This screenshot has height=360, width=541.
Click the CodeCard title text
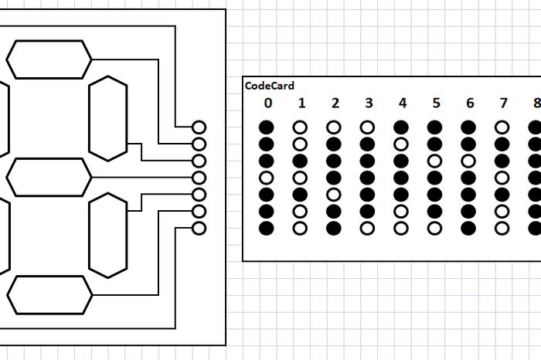pyautogui.click(x=269, y=87)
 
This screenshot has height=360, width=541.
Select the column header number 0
pyautogui.click(x=267, y=103)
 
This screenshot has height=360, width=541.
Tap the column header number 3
pyautogui.click(x=368, y=103)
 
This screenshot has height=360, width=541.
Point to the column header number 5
pyautogui.click(x=435, y=103)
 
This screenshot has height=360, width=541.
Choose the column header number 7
pyautogui.click(x=502, y=103)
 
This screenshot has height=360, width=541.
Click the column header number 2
pyautogui.click(x=335, y=103)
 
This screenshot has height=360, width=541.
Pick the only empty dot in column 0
pyautogui.click(x=267, y=177)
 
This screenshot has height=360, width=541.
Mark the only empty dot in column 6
pyautogui.click(x=468, y=160)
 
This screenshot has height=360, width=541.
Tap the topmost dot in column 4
pyautogui.click(x=401, y=127)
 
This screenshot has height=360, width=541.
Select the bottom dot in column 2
pyautogui.click(x=334, y=228)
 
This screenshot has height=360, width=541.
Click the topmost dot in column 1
pyautogui.click(x=300, y=127)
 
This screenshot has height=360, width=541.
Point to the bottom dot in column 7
pyautogui.click(x=502, y=228)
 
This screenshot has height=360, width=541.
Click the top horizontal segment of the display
pyautogui.click(x=49, y=59)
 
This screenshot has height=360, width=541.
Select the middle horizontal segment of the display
pyautogui.click(x=49, y=177)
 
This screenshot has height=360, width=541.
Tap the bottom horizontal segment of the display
pyautogui.click(x=49, y=294)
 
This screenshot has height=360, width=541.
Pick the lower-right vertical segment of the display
pyautogui.click(x=107, y=236)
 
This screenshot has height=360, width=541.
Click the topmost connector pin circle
pyautogui.click(x=199, y=127)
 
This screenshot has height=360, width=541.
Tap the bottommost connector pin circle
pyautogui.click(x=199, y=228)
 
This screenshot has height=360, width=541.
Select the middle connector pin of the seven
pyautogui.click(x=199, y=177)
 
